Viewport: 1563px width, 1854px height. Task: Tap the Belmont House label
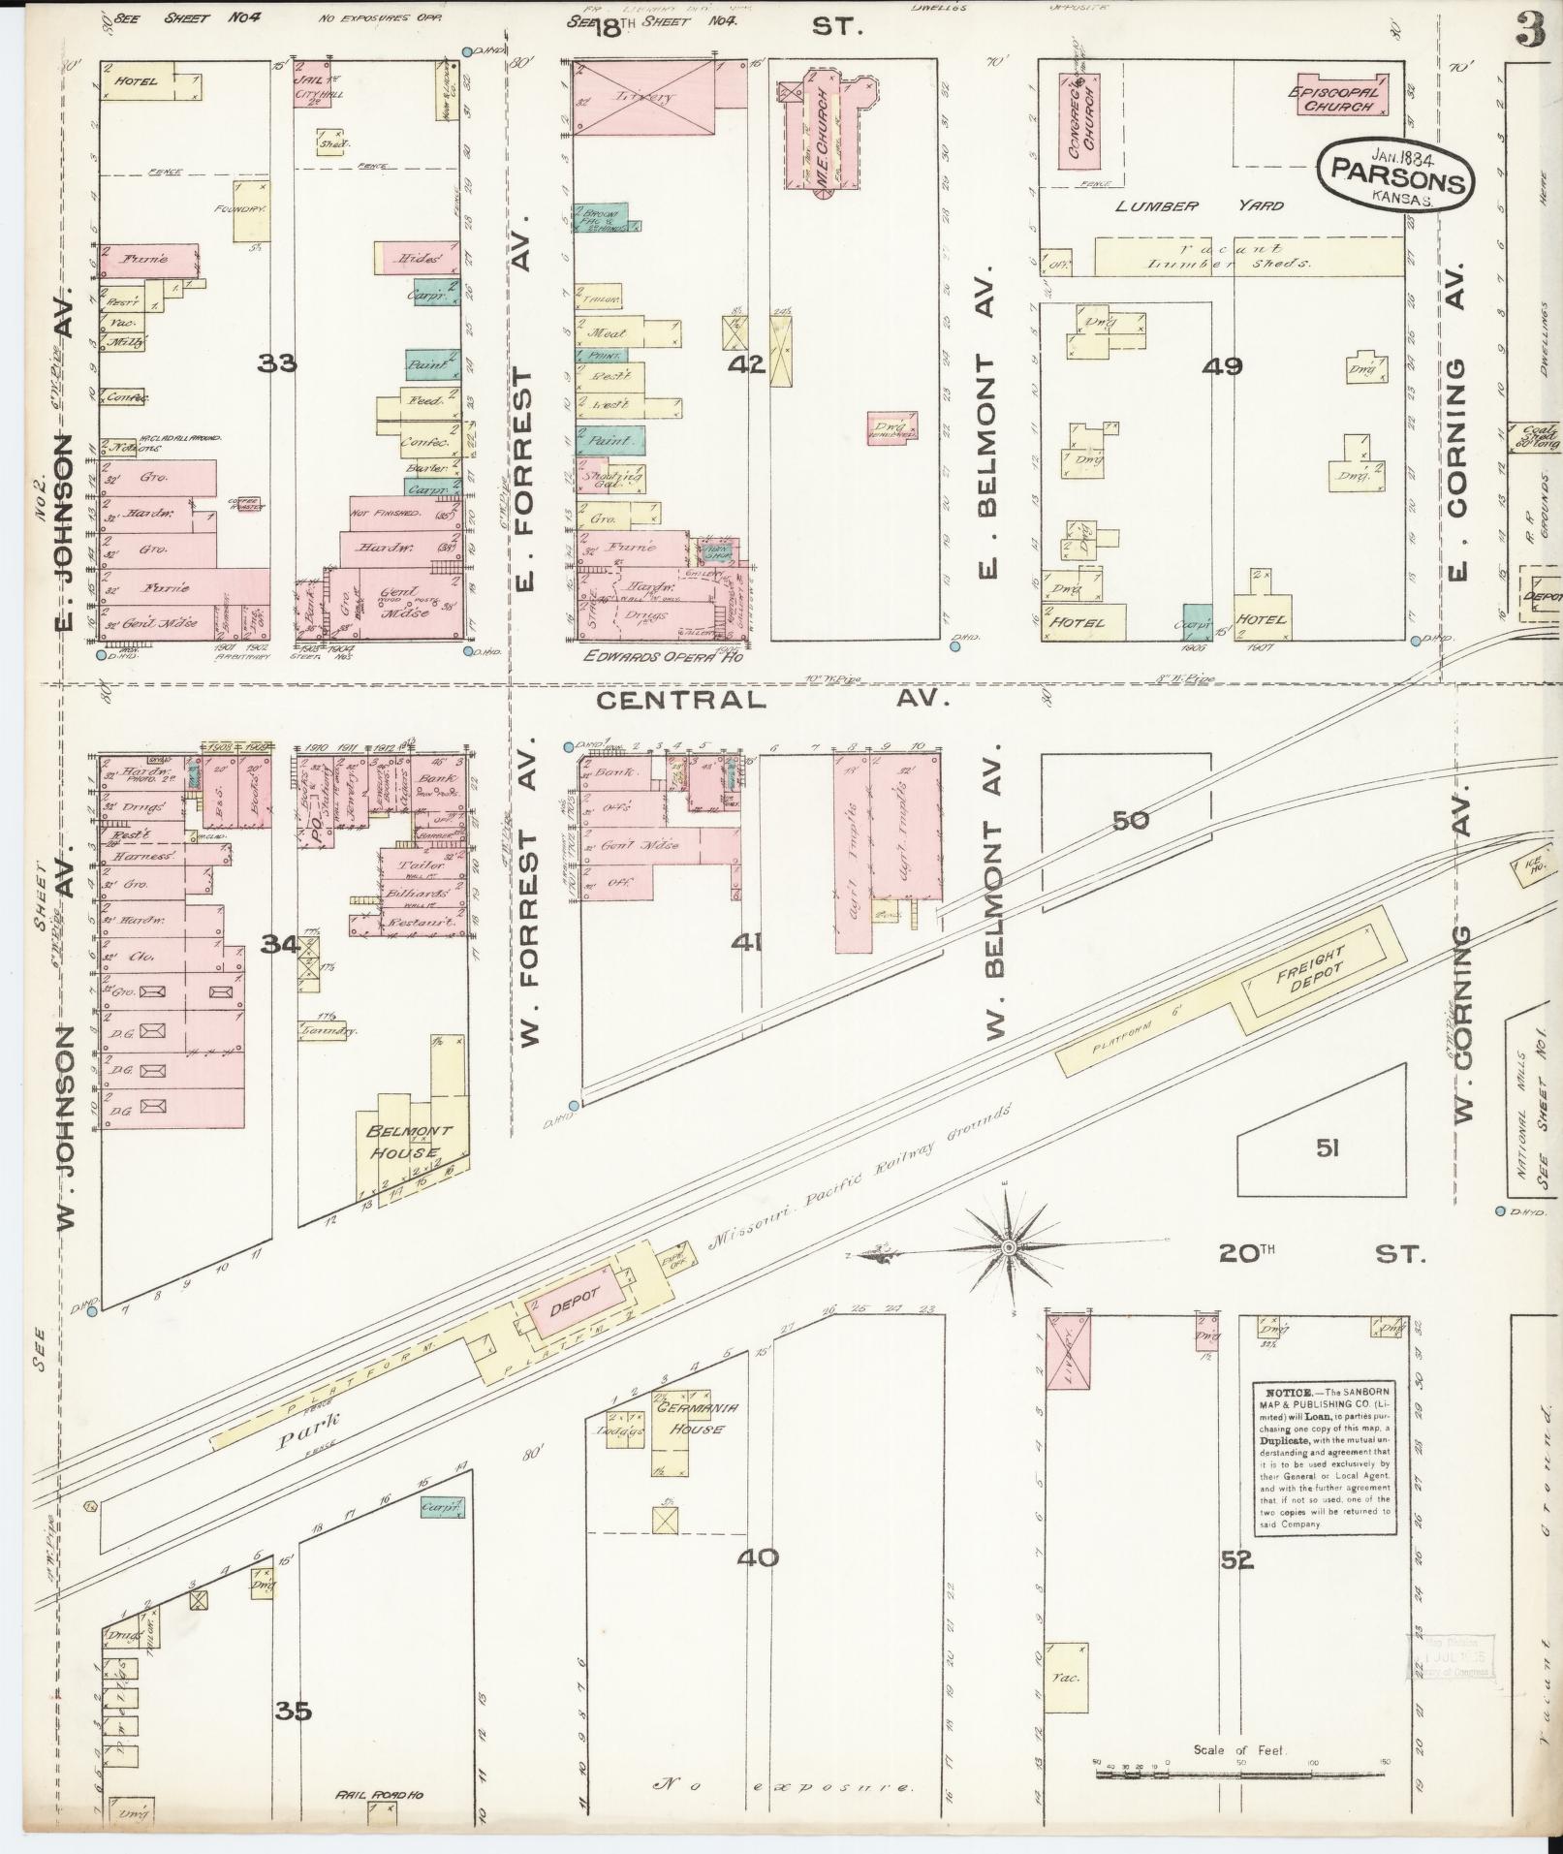click(x=402, y=1142)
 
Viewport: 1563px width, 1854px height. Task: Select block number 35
click(x=293, y=1712)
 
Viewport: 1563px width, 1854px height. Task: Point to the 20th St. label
click(x=1322, y=1254)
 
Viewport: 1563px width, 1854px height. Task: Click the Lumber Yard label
click(x=1199, y=205)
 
